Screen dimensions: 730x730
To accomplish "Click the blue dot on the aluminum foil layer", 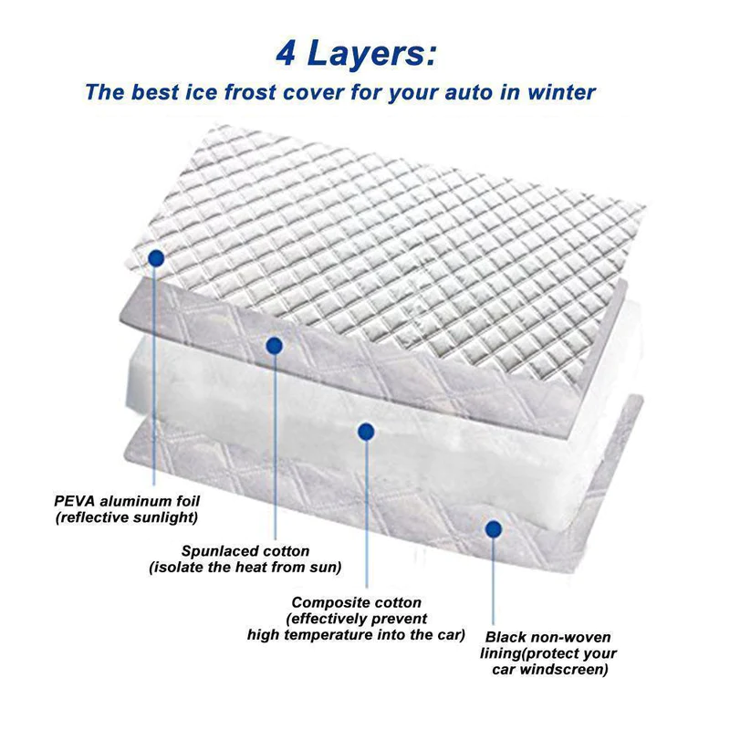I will click(156, 258).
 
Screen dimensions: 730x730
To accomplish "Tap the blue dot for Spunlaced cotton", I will click(273, 344).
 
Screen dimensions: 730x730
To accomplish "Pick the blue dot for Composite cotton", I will click(366, 432).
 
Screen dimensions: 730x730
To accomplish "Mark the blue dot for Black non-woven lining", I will click(494, 528).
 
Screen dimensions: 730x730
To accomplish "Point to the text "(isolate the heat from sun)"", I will click(245, 568).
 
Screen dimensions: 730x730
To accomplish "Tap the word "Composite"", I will click(325, 602).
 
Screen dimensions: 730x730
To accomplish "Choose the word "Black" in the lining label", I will click(506, 637).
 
